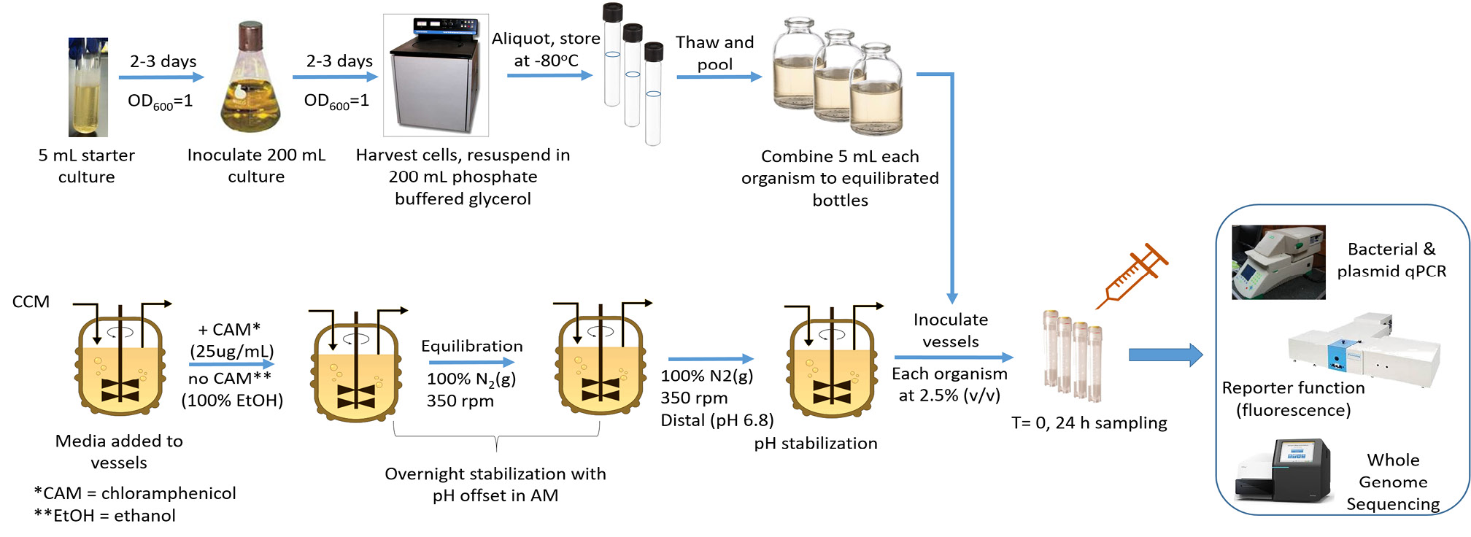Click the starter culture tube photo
coord(88,88)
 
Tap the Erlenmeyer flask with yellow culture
coord(250,80)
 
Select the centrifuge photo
coord(436,75)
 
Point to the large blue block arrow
coord(1165,355)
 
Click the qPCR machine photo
coord(1278,262)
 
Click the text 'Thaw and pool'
coord(715,53)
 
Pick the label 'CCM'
coord(31,302)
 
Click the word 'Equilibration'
coord(472,346)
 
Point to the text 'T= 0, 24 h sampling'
coord(1089,423)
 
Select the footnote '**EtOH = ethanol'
coord(105,516)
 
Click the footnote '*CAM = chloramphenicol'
coord(135,493)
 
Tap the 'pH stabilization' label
coord(816,444)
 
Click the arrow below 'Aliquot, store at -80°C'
coord(549,75)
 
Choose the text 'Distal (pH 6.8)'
coord(717,420)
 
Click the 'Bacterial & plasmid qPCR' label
coord(1391,260)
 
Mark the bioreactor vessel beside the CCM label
coord(120,365)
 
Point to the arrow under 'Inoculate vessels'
coord(954,358)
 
